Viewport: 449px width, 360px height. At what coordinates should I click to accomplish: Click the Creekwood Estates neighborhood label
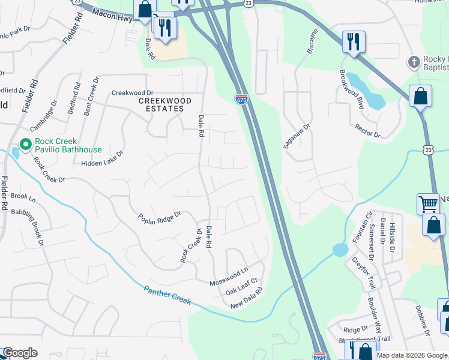click(165, 104)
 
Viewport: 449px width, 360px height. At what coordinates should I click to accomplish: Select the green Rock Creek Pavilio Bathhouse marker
click(26, 145)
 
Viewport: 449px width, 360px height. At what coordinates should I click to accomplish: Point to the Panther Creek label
click(167, 295)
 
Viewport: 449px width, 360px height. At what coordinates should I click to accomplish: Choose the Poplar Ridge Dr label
click(159, 217)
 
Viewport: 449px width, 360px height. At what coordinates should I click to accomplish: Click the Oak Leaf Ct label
click(241, 286)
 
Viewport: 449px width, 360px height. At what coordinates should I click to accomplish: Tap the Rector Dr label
click(367, 131)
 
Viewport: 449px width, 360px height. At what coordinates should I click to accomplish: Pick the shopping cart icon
click(427, 203)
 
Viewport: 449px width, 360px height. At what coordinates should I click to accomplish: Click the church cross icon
click(413, 62)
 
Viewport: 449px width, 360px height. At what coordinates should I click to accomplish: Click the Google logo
click(20, 353)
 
